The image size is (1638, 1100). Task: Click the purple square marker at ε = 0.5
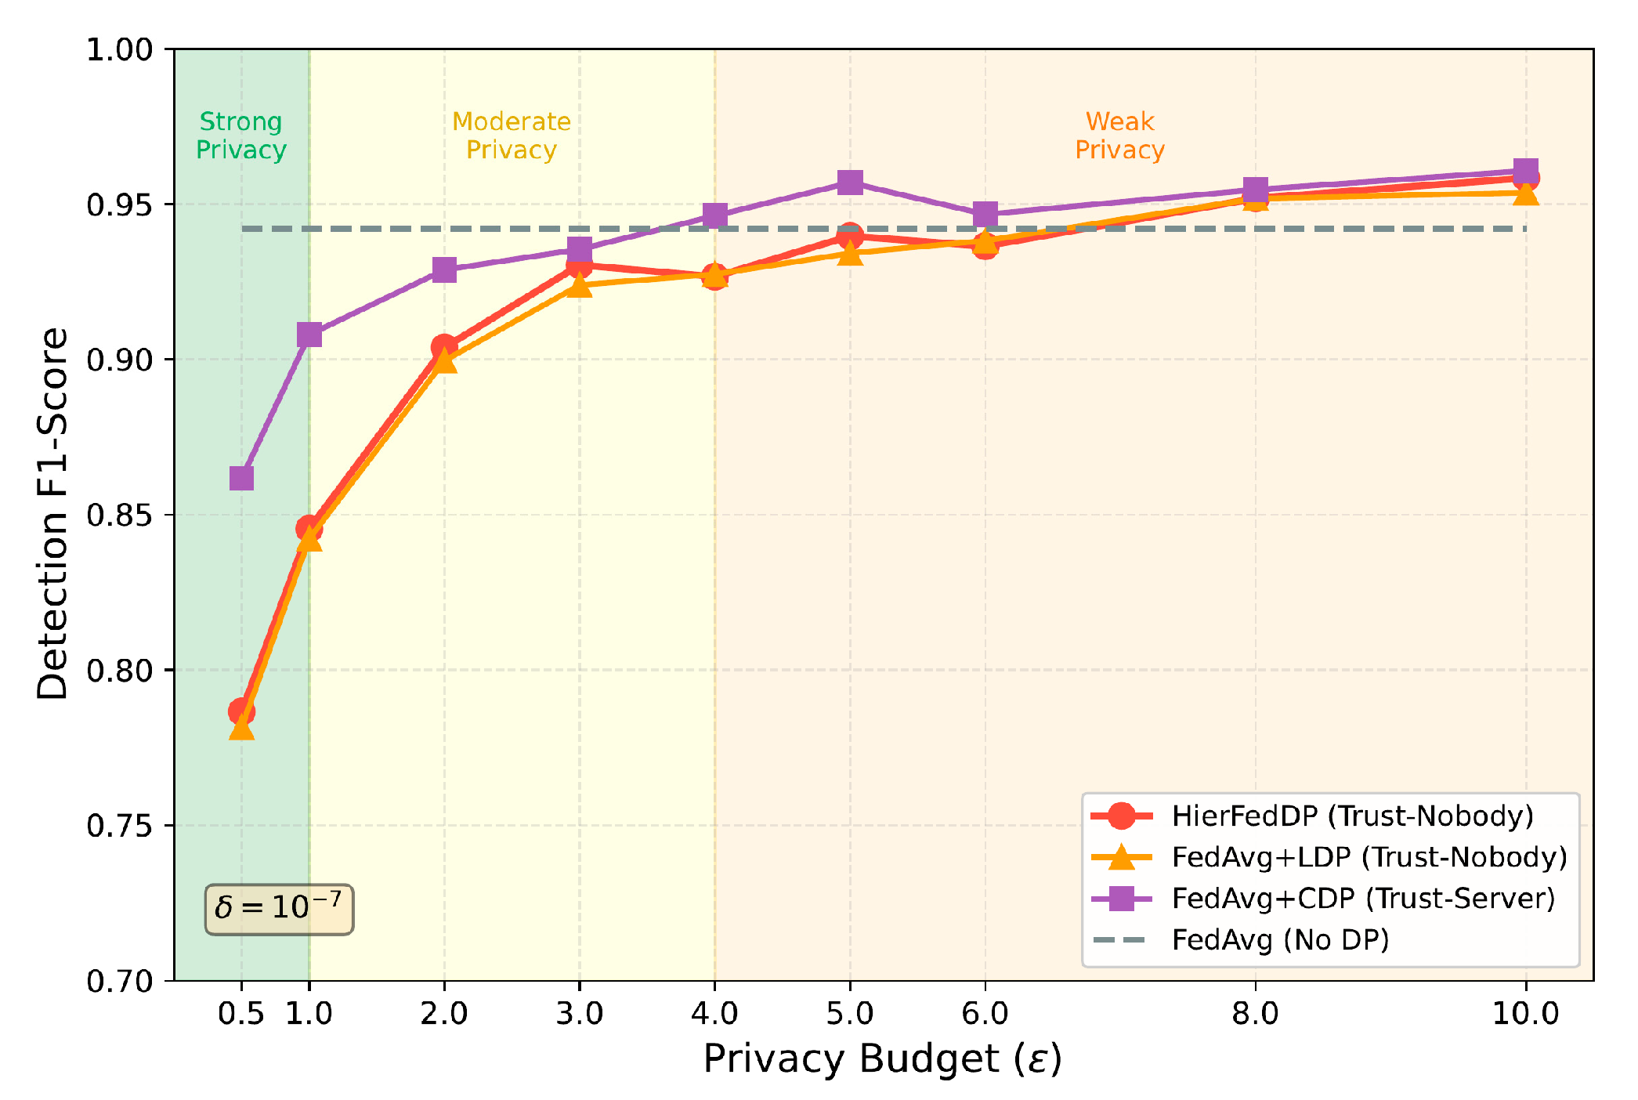241,478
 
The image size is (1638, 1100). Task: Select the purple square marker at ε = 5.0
850,183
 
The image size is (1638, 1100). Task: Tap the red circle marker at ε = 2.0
444,346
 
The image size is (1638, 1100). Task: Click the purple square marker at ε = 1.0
309,335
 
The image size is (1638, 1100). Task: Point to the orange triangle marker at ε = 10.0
1525,194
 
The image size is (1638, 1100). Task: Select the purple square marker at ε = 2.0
444,270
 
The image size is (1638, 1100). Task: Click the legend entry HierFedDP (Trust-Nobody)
1352,816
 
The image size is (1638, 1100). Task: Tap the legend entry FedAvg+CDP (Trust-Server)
1363,898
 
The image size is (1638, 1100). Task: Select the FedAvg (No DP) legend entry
1280,939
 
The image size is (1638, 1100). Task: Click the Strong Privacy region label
240,136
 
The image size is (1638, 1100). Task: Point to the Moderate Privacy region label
512,136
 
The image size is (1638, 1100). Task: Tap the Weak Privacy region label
1119,136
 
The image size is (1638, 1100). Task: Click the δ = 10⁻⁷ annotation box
279,909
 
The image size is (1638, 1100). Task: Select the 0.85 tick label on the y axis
119,516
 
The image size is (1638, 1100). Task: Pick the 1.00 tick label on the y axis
119,49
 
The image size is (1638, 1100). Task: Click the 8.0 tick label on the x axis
1255,1014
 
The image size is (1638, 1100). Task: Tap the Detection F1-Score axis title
53,514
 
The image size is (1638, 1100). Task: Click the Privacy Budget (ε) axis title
883,1059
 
